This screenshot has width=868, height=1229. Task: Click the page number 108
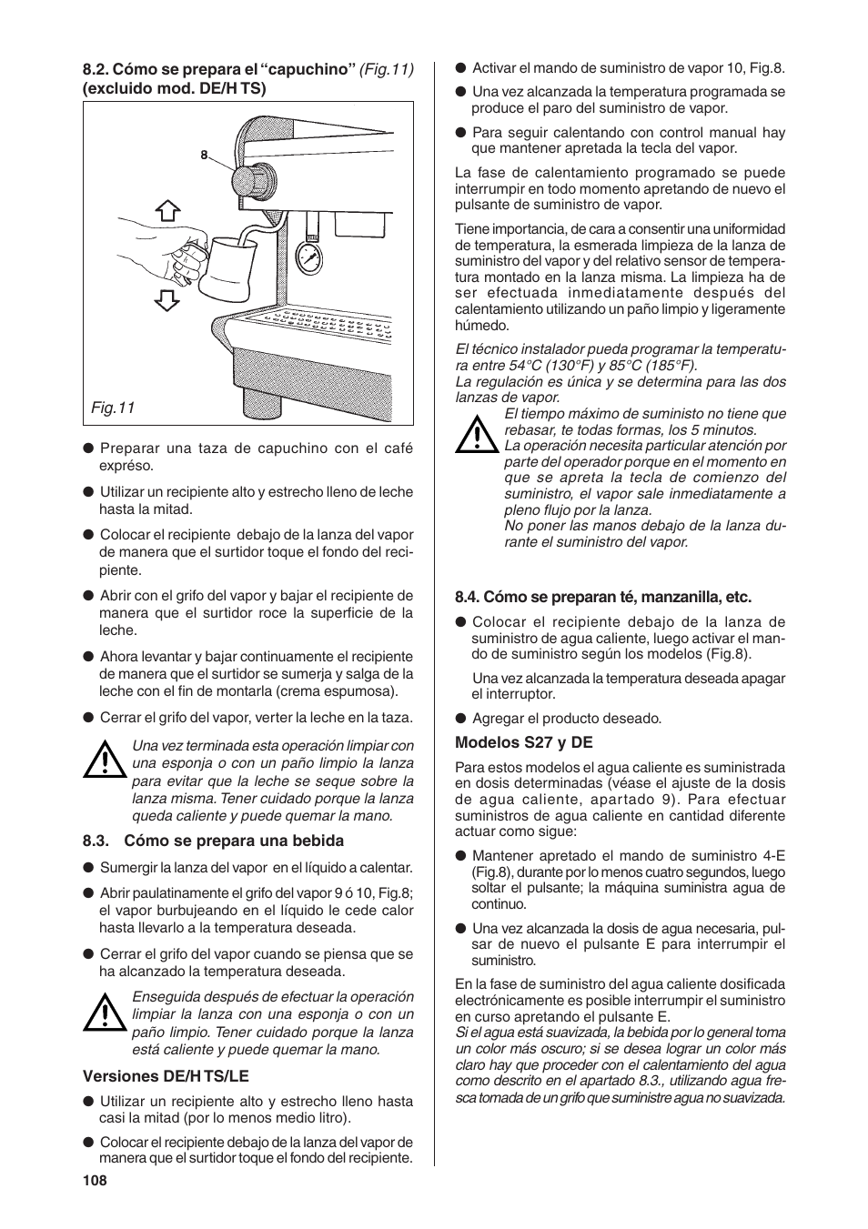tap(95, 1180)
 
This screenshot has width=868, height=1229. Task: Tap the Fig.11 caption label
tap(112, 408)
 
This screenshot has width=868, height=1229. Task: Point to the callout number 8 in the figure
tap(205, 155)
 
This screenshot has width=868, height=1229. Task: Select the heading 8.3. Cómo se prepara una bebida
tap(213, 841)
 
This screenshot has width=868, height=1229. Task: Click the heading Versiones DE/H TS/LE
tap(153, 1075)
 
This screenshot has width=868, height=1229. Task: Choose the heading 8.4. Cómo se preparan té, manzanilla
tap(603, 597)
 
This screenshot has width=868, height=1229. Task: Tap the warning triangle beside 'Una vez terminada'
tap(105, 760)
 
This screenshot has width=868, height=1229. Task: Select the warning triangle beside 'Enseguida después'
tap(105, 1012)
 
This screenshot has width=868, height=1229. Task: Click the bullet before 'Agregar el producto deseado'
tap(461, 718)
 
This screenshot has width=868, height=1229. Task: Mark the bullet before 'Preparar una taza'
tap(89, 448)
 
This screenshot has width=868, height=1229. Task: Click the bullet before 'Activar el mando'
tap(461, 67)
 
